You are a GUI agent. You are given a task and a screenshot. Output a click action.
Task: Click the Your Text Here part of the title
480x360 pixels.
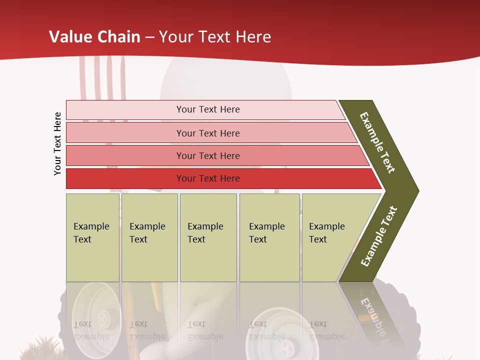[x=215, y=37]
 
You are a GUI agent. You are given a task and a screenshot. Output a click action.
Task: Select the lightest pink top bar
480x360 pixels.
[x=125, y=109]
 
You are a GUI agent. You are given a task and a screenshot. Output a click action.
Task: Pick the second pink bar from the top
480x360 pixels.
[x=125, y=133]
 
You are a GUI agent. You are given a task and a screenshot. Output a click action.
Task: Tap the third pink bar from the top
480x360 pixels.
[x=125, y=155]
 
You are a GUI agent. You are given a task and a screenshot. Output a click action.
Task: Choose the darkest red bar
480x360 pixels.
[x=125, y=178]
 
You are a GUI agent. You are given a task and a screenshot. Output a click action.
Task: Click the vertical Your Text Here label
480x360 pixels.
[x=57, y=144]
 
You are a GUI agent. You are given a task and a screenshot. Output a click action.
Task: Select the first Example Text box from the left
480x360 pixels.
[x=92, y=237]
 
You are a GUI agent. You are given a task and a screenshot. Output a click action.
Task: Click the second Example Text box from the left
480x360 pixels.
[x=149, y=237]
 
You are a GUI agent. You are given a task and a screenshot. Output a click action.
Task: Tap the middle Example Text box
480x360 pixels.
[x=208, y=237]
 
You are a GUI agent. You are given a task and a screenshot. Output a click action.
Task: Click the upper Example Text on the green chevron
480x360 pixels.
[x=377, y=142]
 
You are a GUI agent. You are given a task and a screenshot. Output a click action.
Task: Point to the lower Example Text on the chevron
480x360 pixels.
[x=379, y=236]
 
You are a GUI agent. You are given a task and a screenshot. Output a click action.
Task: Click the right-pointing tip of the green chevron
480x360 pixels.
[x=416, y=190]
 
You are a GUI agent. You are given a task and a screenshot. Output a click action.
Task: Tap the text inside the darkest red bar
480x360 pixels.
[x=208, y=178]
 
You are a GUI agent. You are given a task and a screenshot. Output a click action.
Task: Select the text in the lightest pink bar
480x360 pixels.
[x=208, y=109]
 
